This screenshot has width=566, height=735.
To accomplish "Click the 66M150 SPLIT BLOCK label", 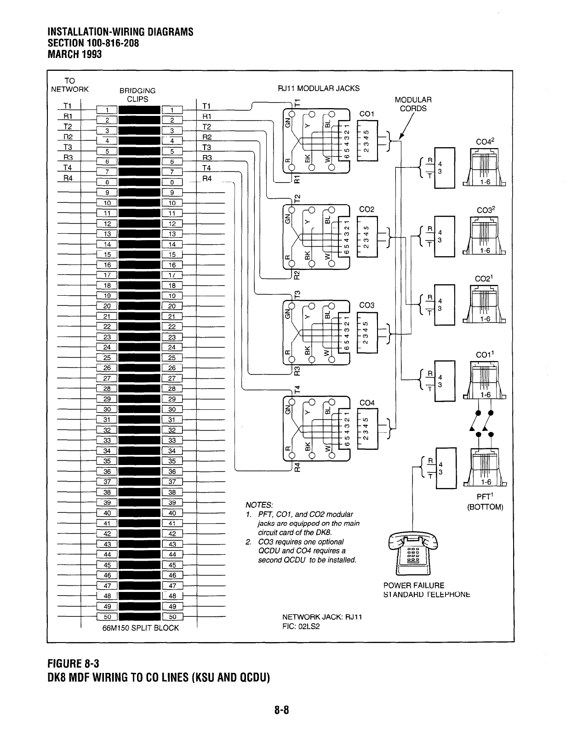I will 140,627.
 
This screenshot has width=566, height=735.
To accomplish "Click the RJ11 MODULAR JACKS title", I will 319,88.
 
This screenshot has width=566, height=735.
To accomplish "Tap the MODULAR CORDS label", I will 413,104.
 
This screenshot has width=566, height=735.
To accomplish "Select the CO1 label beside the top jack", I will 367,114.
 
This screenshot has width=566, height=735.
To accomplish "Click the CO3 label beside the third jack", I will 367,305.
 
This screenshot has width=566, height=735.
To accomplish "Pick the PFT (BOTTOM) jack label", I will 486,502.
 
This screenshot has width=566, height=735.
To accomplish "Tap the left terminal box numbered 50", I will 108,617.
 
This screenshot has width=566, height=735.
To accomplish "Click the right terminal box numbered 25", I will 172,358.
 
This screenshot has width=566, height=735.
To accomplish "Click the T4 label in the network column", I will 68,168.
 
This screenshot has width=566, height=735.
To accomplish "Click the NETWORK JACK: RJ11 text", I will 322,617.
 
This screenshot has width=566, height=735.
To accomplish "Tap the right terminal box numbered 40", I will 172,513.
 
